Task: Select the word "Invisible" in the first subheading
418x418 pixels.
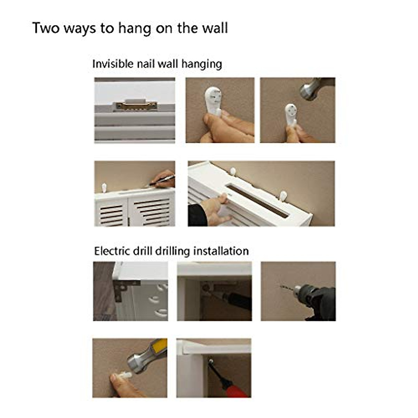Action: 113,64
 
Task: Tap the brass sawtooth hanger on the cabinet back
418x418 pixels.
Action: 136,105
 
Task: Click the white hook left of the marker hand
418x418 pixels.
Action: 104,187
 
